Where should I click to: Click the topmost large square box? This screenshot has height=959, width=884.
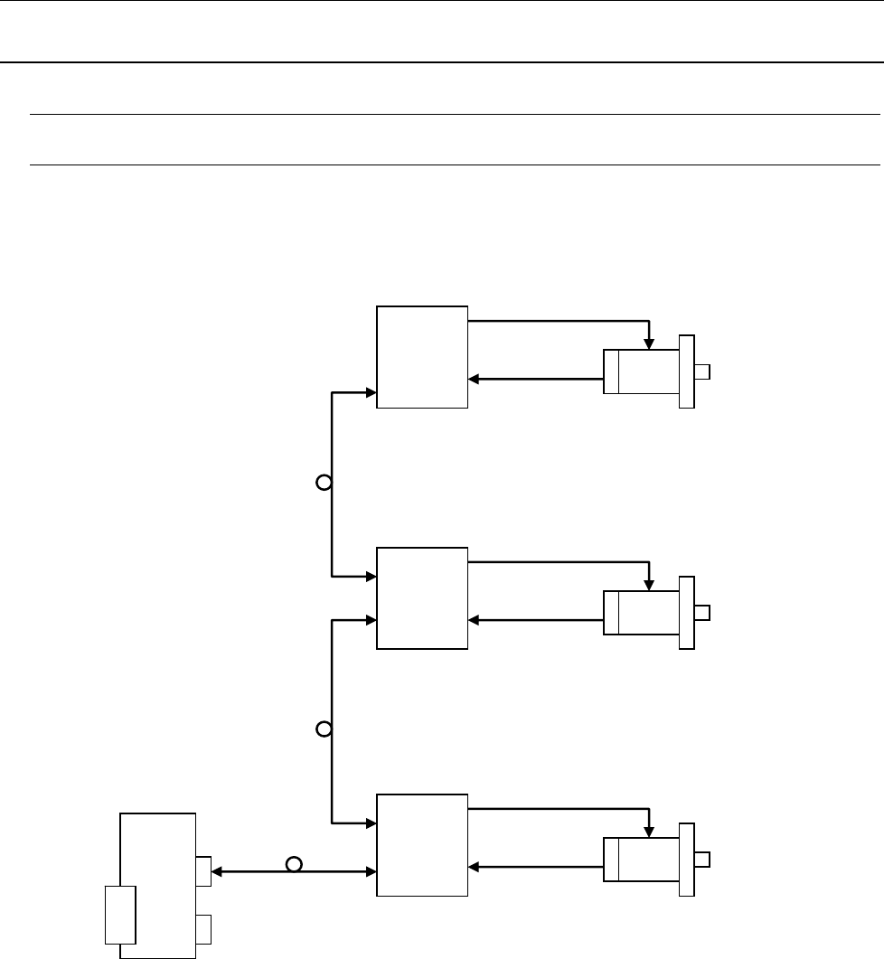422,357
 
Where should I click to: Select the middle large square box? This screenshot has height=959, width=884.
422,597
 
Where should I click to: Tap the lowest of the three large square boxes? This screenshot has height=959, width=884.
422,845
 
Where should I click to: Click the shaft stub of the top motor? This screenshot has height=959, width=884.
702,371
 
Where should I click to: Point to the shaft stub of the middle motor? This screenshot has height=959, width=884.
702,613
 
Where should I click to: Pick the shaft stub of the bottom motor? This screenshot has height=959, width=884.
702,860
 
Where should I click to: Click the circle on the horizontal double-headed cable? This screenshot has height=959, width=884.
293,865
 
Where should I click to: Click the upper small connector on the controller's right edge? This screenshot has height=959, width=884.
203,870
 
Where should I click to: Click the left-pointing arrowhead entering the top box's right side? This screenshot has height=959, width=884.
475,380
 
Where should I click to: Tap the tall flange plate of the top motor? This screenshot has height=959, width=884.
687,371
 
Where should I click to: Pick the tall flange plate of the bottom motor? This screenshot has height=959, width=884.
687,860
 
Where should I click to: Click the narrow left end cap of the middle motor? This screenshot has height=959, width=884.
611,613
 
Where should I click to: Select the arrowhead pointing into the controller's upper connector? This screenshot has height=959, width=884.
217,871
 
